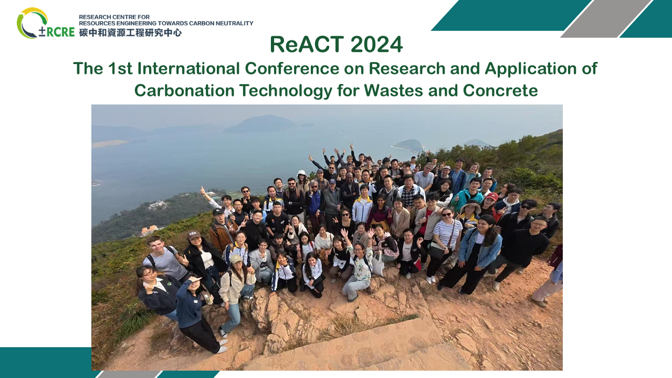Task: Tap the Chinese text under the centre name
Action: click(130, 33)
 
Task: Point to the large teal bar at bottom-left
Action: click(45, 362)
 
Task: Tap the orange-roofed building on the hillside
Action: click(149, 230)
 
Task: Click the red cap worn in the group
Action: click(492, 196)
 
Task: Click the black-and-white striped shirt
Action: click(447, 232)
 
